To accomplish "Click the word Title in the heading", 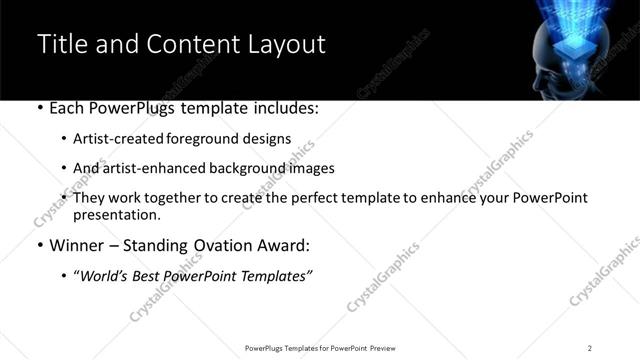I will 59,44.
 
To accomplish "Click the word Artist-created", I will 113,140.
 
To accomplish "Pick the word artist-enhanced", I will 147,168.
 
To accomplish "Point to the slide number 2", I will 589,347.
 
